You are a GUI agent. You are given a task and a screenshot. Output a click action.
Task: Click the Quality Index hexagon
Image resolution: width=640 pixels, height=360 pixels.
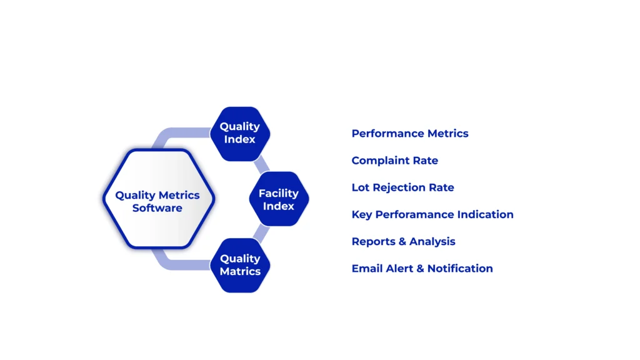click(240, 134)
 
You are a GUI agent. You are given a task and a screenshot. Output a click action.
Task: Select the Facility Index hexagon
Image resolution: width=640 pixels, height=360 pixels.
click(279, 199)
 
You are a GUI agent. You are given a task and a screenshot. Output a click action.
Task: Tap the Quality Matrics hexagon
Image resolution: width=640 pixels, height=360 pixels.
click(240, 265)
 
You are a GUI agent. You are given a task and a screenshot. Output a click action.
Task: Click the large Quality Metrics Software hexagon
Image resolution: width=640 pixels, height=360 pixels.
click(158, 199)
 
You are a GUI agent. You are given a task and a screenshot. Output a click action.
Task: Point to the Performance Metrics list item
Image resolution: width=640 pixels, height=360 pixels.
click(410, 134)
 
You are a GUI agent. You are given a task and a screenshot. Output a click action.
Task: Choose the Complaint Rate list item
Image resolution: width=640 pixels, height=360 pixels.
click(395, 161)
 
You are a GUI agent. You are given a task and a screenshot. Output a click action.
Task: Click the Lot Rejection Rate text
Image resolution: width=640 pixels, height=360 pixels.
click(403, 187)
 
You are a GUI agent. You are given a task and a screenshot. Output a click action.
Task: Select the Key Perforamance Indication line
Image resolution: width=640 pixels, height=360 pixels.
click(432, 214)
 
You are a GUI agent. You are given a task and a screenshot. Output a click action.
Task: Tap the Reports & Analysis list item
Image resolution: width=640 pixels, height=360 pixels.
click(403, 242)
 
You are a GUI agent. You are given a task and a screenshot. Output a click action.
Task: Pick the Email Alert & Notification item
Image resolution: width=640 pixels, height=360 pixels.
click(422, 269)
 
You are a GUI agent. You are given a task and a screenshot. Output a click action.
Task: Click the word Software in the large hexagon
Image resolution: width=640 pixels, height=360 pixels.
click(157, 207)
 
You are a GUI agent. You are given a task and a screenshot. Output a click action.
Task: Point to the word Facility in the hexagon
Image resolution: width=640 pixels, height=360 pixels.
click(278, 194)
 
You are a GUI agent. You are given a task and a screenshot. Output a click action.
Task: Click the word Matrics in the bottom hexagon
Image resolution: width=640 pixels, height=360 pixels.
click(240, 271)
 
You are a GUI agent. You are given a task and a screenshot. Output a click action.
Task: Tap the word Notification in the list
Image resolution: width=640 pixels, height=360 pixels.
click(460, 269)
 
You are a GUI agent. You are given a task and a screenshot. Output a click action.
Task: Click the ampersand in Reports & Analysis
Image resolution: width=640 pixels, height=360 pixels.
click(402, 242)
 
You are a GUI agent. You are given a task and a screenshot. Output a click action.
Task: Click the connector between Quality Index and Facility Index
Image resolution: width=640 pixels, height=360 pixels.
click(261, 165)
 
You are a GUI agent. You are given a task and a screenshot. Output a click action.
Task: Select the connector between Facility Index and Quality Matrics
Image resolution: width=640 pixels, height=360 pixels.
click(261, 232)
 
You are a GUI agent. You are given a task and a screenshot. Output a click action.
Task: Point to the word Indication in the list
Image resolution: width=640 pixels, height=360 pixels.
click(485, 214)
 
